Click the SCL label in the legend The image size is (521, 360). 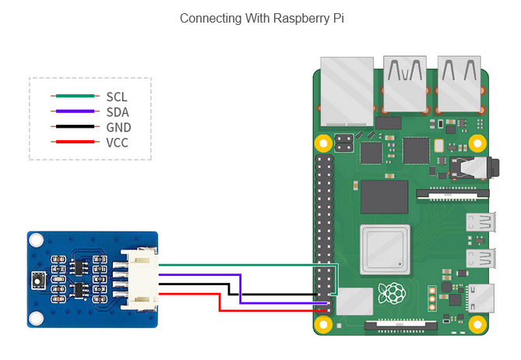tap(117, 97)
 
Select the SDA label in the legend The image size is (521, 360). tap(118, 112)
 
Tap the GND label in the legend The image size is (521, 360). tap(118, 127)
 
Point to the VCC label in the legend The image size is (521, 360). tap(118, 143)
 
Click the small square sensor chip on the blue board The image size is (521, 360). tap(38, 278)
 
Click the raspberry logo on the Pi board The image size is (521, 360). tap(392, 294)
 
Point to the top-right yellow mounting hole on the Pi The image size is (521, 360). tap(477, 143)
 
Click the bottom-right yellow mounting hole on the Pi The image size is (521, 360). tap(477, 321)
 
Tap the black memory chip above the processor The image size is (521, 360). tap(383, 196)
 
